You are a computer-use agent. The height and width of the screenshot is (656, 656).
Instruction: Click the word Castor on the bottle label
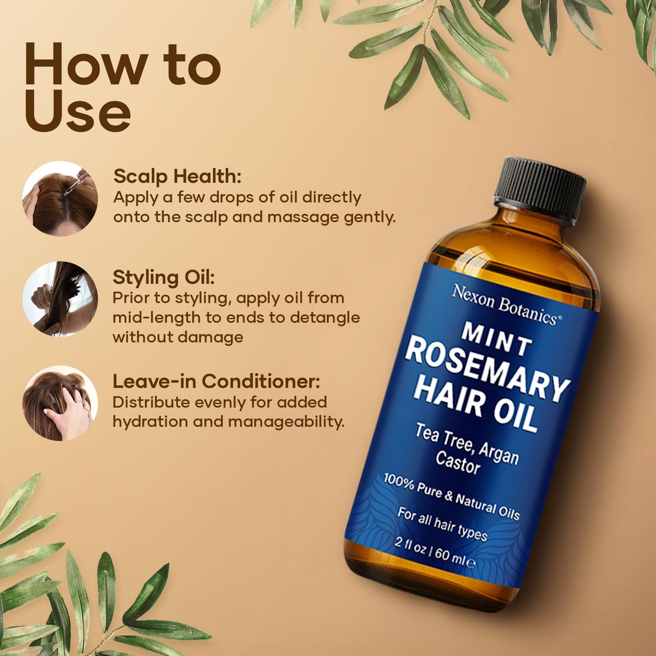click(x=458, y=462)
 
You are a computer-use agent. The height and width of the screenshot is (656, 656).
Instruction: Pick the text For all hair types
click(x=442, y=524)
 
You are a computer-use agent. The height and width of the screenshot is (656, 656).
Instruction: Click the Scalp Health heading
click(x=177, y=176)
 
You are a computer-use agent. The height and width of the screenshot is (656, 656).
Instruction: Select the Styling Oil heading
click(x=163, y=277)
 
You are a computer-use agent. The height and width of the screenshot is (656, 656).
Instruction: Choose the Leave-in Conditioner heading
click(x=216, y=381)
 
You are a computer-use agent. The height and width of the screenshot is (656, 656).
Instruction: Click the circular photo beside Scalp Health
click(x=60, y=198)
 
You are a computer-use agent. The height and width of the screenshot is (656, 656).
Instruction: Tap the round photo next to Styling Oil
click(x=60, y=299)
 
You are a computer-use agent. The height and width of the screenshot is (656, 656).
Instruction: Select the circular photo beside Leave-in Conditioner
click(x=60, y=403)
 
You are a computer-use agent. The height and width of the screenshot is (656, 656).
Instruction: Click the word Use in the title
click(x=78, y=111)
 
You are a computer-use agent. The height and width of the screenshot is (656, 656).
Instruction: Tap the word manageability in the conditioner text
click(x=286, y=422)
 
